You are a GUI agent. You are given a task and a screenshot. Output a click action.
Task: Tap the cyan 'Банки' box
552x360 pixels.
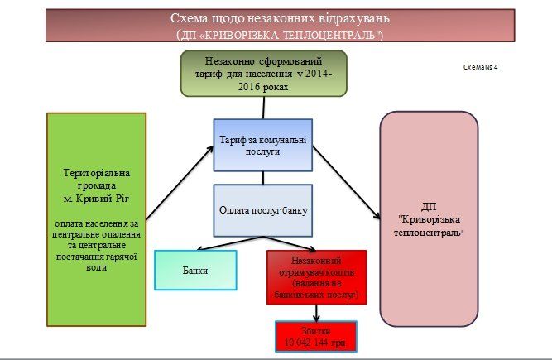[x=195, y=270]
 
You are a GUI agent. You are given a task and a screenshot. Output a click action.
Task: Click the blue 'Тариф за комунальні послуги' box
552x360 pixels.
[x=263, y=145]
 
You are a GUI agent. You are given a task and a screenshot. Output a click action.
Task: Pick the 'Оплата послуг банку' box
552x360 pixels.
[x=263, y=210]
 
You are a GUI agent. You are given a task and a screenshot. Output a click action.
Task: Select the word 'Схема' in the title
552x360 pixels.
[x=190, y=17]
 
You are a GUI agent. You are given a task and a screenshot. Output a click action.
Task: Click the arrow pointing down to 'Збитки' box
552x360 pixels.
[x=316, y=314]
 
